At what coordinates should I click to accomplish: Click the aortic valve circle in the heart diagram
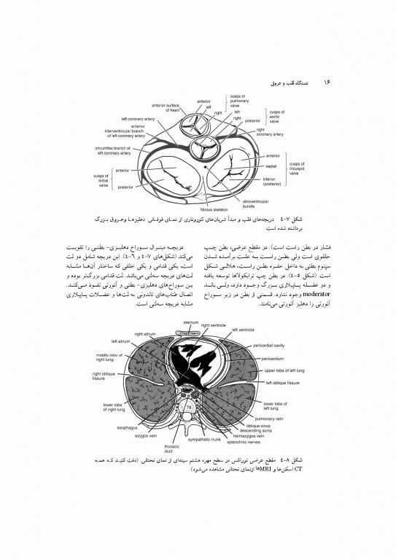(x=206, y=147)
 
